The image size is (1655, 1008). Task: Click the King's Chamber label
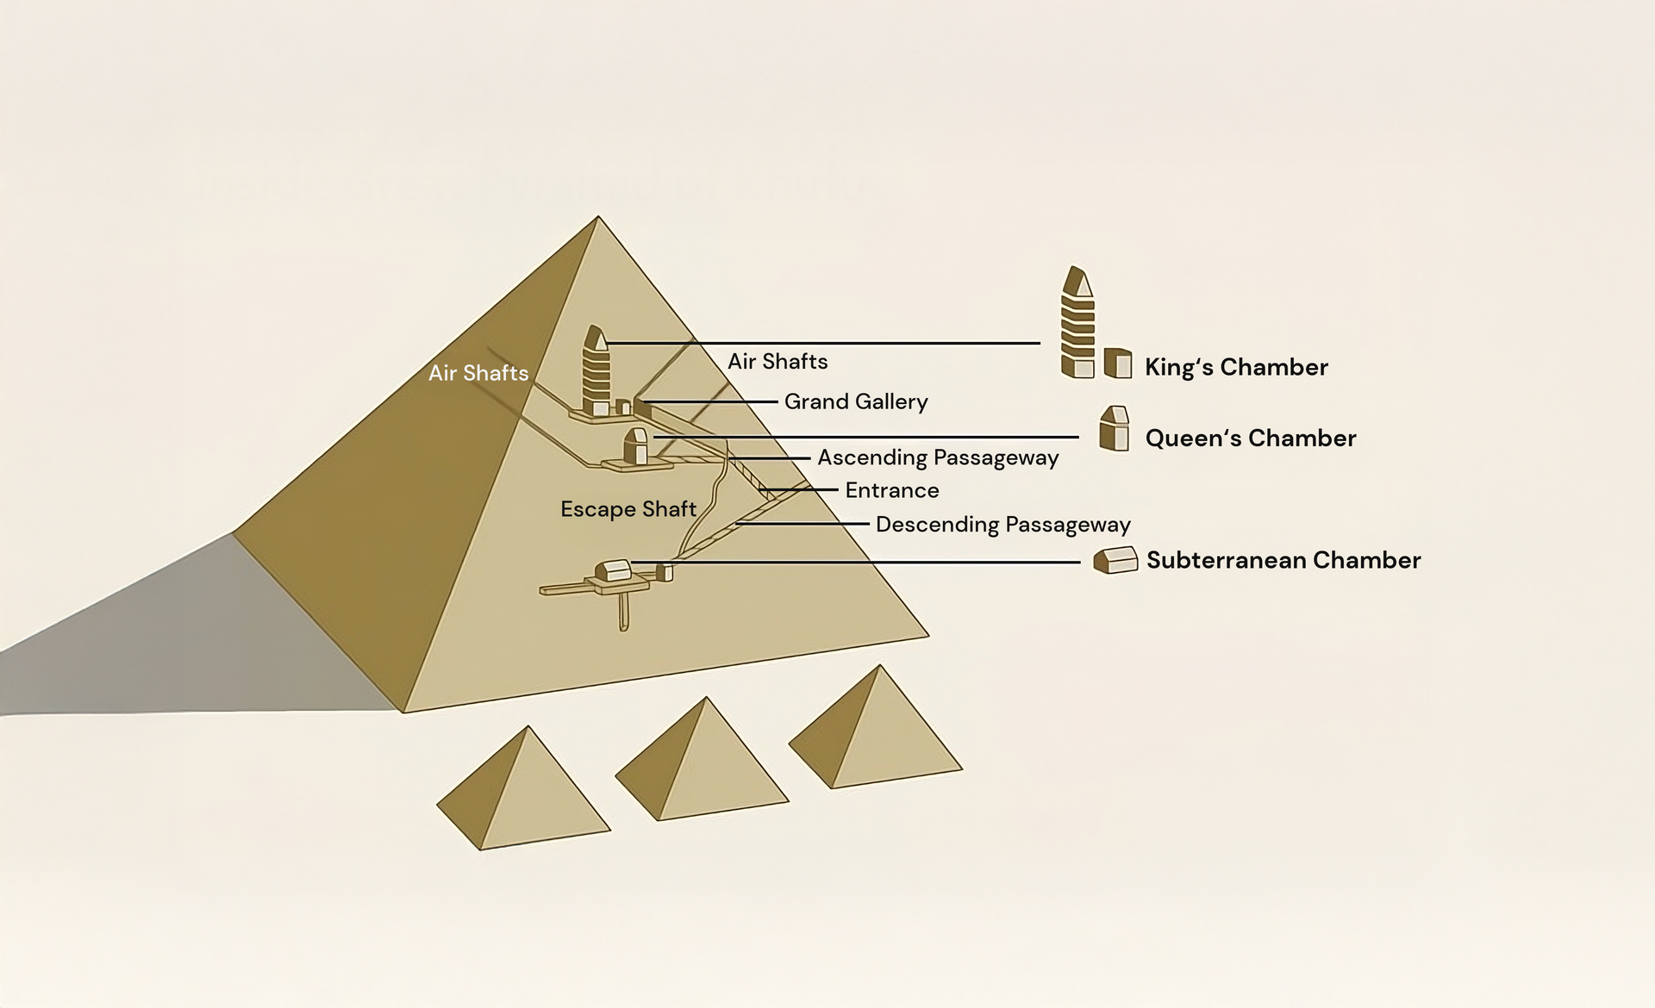pos(1236,367)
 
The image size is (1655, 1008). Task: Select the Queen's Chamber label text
pos(1251,439)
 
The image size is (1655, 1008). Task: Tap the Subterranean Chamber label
pos(1283,560)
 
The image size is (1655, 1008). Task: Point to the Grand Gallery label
pos(856,402)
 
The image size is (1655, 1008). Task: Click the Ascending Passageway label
pos(938,457)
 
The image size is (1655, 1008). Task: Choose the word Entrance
pos(892,490)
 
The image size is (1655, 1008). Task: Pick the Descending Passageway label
pos(1003,525)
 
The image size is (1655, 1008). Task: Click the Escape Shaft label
pos(628,509)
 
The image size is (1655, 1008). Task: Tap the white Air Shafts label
pos(478,373)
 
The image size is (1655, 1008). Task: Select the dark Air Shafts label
pos(778,362)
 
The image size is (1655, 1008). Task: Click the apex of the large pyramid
pos(598,216)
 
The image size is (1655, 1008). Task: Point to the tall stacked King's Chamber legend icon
pos(1077,322)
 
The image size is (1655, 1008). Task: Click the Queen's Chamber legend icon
pos(1115,428)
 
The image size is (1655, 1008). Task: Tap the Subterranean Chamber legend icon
pos(1115,560)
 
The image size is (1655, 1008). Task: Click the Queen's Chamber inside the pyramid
pos(635,446)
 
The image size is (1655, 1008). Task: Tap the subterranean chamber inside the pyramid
pos(613,571)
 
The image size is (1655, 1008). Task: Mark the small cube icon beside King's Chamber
pos(1118,364)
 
